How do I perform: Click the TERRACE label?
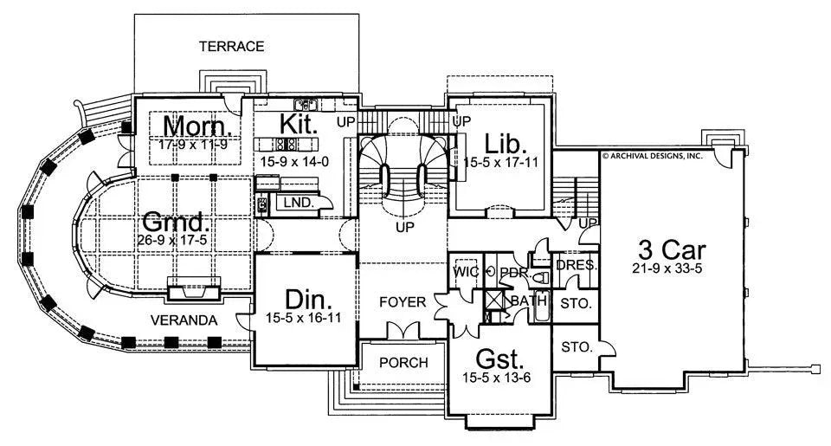pos(230,46)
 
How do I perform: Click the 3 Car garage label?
pos(672,250)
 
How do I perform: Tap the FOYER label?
pos(403,302)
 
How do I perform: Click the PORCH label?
pos(403,362)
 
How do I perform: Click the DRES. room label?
pos(576,265)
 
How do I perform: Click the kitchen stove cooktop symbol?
pos(287,145)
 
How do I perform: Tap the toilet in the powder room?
pos(543,279)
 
